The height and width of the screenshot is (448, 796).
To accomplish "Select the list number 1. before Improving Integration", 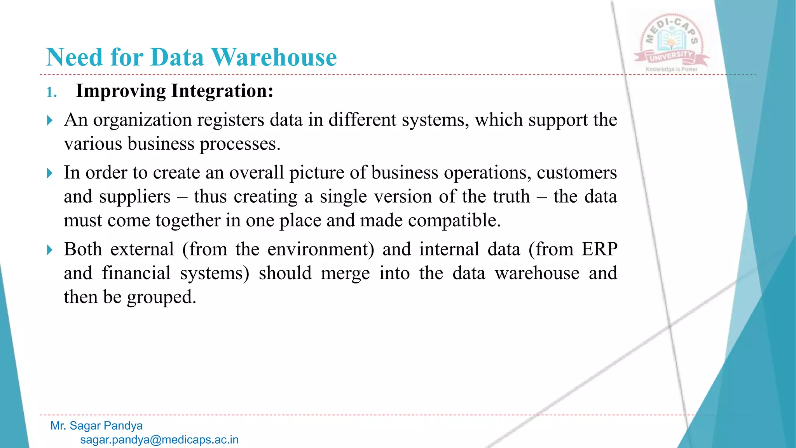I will point(52,92).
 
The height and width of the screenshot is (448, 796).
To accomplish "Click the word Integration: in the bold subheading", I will point(222,91).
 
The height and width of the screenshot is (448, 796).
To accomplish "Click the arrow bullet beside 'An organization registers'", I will point(49,120).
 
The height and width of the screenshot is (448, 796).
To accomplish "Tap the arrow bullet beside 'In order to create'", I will point(49,173).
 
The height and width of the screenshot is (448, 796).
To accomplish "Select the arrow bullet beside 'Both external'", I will point(49,250).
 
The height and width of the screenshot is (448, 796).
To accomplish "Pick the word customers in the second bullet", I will point(576,173).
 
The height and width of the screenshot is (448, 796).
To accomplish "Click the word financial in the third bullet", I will point(136,273).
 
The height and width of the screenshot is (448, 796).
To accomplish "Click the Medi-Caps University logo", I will point(672,41).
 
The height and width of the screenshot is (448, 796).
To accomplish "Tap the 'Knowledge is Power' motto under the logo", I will point(672,69).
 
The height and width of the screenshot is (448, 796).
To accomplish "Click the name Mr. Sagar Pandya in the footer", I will point(96,426).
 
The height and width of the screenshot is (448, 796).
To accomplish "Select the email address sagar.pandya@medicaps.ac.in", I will point(159,440).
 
